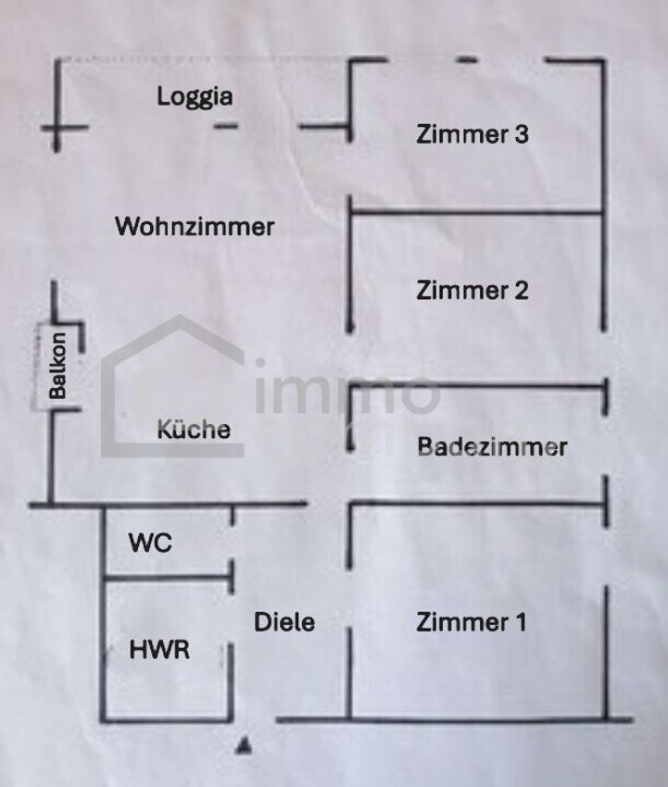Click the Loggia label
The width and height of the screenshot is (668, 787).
coord(195,96)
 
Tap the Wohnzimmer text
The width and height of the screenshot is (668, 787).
coord(195,226)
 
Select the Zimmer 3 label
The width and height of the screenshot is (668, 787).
coord(473,134)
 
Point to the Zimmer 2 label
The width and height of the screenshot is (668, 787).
coord(473,290)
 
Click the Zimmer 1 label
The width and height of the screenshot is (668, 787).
coord(472,622)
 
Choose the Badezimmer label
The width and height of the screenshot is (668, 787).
coord(492,447)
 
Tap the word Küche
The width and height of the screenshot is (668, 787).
coord(193,430)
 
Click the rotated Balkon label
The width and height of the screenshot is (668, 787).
coord(58,366)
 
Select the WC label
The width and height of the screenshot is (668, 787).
coord(150,543)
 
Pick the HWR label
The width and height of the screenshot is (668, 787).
coord(159,649)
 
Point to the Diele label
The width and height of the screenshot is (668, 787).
coord(284,622)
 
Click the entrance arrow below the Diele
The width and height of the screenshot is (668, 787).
coord(244,743)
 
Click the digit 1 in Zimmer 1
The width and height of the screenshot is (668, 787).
coord(520,622)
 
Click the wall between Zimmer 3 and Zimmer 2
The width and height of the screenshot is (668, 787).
coord(477,214)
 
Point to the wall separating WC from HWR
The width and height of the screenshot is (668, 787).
coord(167,579)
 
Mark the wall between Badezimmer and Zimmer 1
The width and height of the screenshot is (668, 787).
coord(477,504)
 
